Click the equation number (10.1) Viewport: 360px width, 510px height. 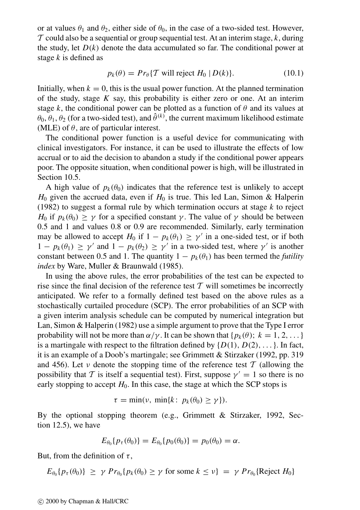[293, 73]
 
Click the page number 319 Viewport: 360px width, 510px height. [297, 355]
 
